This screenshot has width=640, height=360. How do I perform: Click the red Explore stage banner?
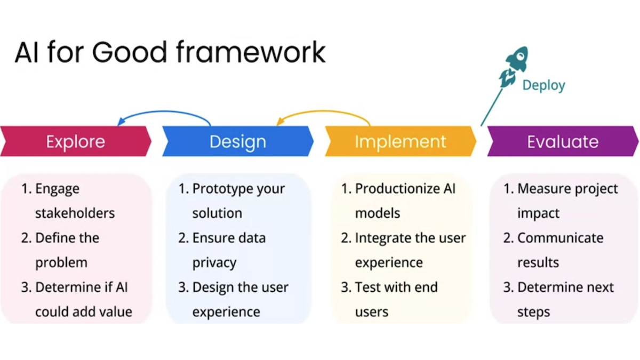point(76,141)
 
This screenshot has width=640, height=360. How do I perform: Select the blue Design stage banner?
point(238,141)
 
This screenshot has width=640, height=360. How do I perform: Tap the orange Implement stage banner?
point(401,141)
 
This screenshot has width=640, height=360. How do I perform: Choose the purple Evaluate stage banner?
point(563,141)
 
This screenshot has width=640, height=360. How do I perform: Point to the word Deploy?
point(543,85)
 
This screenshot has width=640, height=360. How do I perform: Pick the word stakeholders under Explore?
point(75,213)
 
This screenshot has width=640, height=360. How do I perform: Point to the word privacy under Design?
point(214,262)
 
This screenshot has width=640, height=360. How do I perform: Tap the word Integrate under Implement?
point(381,238)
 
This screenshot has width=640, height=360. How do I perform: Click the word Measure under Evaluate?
point(542,189)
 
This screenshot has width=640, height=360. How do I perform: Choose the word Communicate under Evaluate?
point(560,238)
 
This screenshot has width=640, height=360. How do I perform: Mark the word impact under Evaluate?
point(538,213)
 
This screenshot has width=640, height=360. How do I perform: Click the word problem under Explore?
point(61,262)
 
